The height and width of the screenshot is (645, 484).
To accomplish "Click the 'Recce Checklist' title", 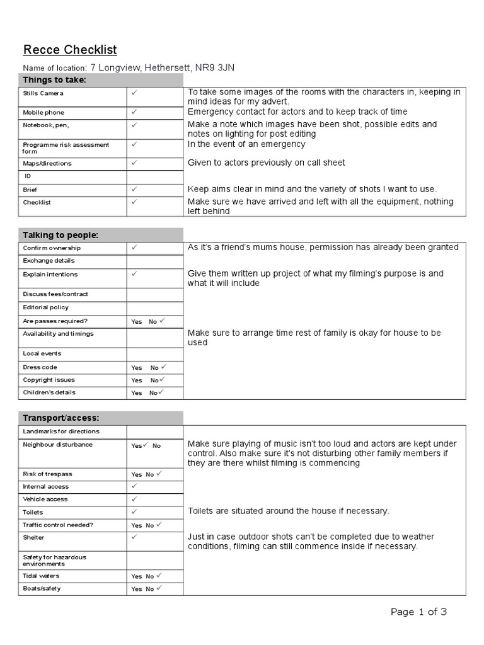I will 70,50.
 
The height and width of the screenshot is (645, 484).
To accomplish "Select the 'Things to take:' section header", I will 54,80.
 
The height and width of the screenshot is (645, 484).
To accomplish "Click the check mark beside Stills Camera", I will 134,93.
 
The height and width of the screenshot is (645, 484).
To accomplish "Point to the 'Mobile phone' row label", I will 43,113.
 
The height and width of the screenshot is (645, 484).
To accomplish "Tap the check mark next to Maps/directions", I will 134,163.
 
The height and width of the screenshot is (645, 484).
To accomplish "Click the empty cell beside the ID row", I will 154,176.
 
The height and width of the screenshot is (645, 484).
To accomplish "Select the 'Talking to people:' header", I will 60,235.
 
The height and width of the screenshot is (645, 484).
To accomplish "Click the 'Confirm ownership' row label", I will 52,248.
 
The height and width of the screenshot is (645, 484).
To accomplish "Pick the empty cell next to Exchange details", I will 154,261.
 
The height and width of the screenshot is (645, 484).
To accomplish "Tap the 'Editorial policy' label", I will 46,307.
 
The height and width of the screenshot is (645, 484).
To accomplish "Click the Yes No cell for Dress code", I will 147,367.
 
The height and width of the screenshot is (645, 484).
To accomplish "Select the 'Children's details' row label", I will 49,392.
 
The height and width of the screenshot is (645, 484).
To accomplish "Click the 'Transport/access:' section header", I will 61,418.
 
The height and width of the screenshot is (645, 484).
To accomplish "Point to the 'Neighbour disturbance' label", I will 57,445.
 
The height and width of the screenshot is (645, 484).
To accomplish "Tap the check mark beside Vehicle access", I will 134,499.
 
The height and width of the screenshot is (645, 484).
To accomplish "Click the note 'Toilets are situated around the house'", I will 289,511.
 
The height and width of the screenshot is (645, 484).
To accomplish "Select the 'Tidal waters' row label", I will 42,576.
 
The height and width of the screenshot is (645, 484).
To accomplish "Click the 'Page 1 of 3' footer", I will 418,612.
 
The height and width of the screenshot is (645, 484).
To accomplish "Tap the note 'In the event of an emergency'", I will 246,144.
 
